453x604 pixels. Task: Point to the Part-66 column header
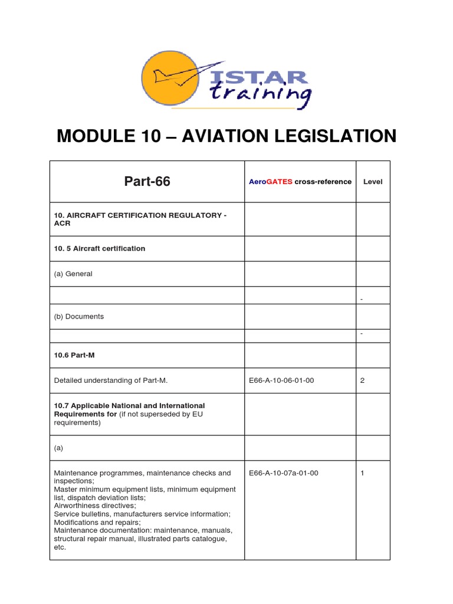[x=147, y=182]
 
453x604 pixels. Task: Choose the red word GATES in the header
[x=280, y=182]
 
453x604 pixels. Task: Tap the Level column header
[x=372, y=182]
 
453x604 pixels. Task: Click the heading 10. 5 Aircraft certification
[x=100, y=248]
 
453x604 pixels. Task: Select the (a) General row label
[x=73, y=274]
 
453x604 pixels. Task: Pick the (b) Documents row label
[x=79, y=316]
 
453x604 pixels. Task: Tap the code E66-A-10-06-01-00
[x=282, y=380]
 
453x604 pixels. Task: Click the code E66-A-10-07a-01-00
[x=284, y=473]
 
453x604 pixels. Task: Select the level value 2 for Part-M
[x=362, y=380]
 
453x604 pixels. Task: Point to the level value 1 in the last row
[x=362, y=473]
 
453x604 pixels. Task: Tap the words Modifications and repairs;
[x=97, y=522]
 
